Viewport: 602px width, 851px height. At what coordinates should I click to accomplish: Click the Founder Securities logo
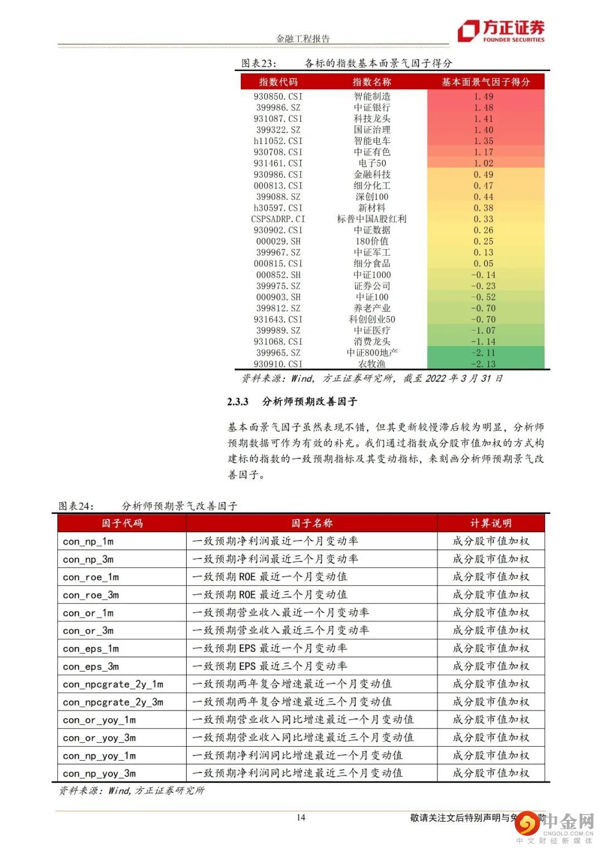pyautogui.click(x=501, y=31)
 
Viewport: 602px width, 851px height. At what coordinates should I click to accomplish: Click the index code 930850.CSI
pyautogui.click(x=278, y=96)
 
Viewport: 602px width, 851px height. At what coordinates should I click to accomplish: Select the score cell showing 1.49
pyautogui.click(x=483, y=96)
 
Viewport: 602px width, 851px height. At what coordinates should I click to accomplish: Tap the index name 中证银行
pyautogui.click(x=372, y=108)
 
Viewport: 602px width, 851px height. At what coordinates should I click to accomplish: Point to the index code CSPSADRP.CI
pyautogui.click(x=278, y=219)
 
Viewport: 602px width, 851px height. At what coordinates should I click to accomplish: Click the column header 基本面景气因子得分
pyautogui.click(x=486, y=82)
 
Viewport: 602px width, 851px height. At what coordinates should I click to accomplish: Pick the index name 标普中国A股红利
pyautogui.click(x=372, y=219)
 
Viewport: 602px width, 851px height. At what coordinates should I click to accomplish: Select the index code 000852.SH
pyautogui.click(x=278, y=275)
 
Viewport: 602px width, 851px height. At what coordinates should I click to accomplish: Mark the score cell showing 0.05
pyautogui.click(x=483, y=264)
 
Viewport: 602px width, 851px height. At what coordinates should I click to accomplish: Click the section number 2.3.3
pyautogui.click(x=237, y=402)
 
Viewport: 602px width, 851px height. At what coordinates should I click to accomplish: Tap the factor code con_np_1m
pyautogui.click(x=88, y=541)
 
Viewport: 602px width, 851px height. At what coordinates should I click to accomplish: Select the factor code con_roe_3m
pyautogui.click(x=91, y=595)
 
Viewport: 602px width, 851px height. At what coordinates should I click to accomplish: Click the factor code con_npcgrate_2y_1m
pyautogui.click(x=113, y=684)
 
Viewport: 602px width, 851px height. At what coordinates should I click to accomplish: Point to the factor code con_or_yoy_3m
pyautogui.click(x=99, y=737)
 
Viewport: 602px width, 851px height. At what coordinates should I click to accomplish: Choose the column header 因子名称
pyautogui.click(x=312, y=523)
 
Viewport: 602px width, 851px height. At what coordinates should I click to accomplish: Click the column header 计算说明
pyautogui.click(x=491, y=523)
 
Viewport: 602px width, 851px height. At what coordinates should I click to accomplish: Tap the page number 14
pyautogui.click(x=301, y=817)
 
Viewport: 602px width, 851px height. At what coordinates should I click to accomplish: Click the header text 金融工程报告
pyautogui.click(x=303, y=38)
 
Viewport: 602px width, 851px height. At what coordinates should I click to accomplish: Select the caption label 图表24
pyautogui.click(x=76, y=506)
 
